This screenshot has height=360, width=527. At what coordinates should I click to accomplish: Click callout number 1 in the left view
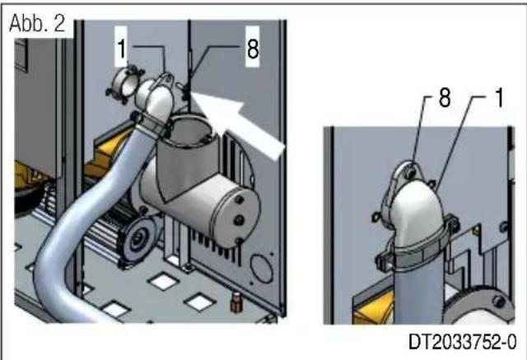121,49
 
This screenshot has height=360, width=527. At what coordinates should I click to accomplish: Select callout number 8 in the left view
251,49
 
